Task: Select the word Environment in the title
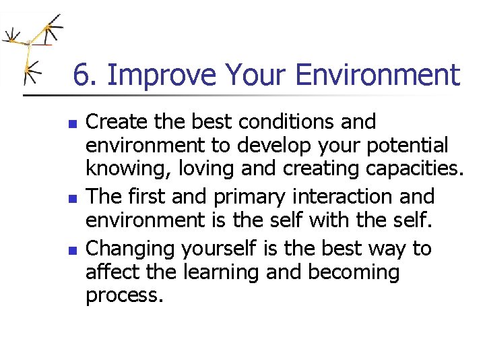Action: [377, 75]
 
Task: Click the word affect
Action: [111, 272]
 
